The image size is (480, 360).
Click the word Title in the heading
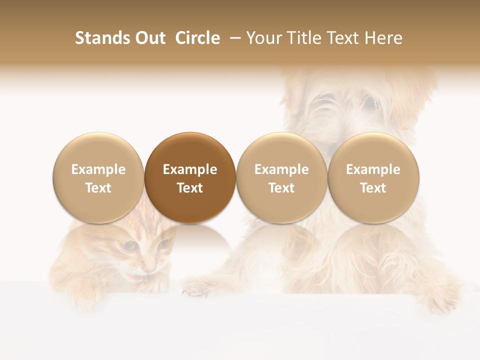click(x=304, y=38)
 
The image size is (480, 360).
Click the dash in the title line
click(x=234, y=38)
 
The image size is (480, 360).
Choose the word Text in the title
click(x=344, y=38)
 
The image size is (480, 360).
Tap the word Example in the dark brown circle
click(x=190, y=169)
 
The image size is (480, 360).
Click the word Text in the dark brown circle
click(x=190, y=188)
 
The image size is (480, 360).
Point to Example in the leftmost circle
click(x=98, y=169)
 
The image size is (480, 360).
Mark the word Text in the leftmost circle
click(x=98, y=188)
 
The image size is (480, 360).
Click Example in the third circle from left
click(x=281, y=169)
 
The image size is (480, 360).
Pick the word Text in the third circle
click(x=281, y=188)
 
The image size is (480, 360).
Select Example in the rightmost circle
click(x=373, y=169)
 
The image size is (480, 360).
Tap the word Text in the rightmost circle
click(x=373, y=188)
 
